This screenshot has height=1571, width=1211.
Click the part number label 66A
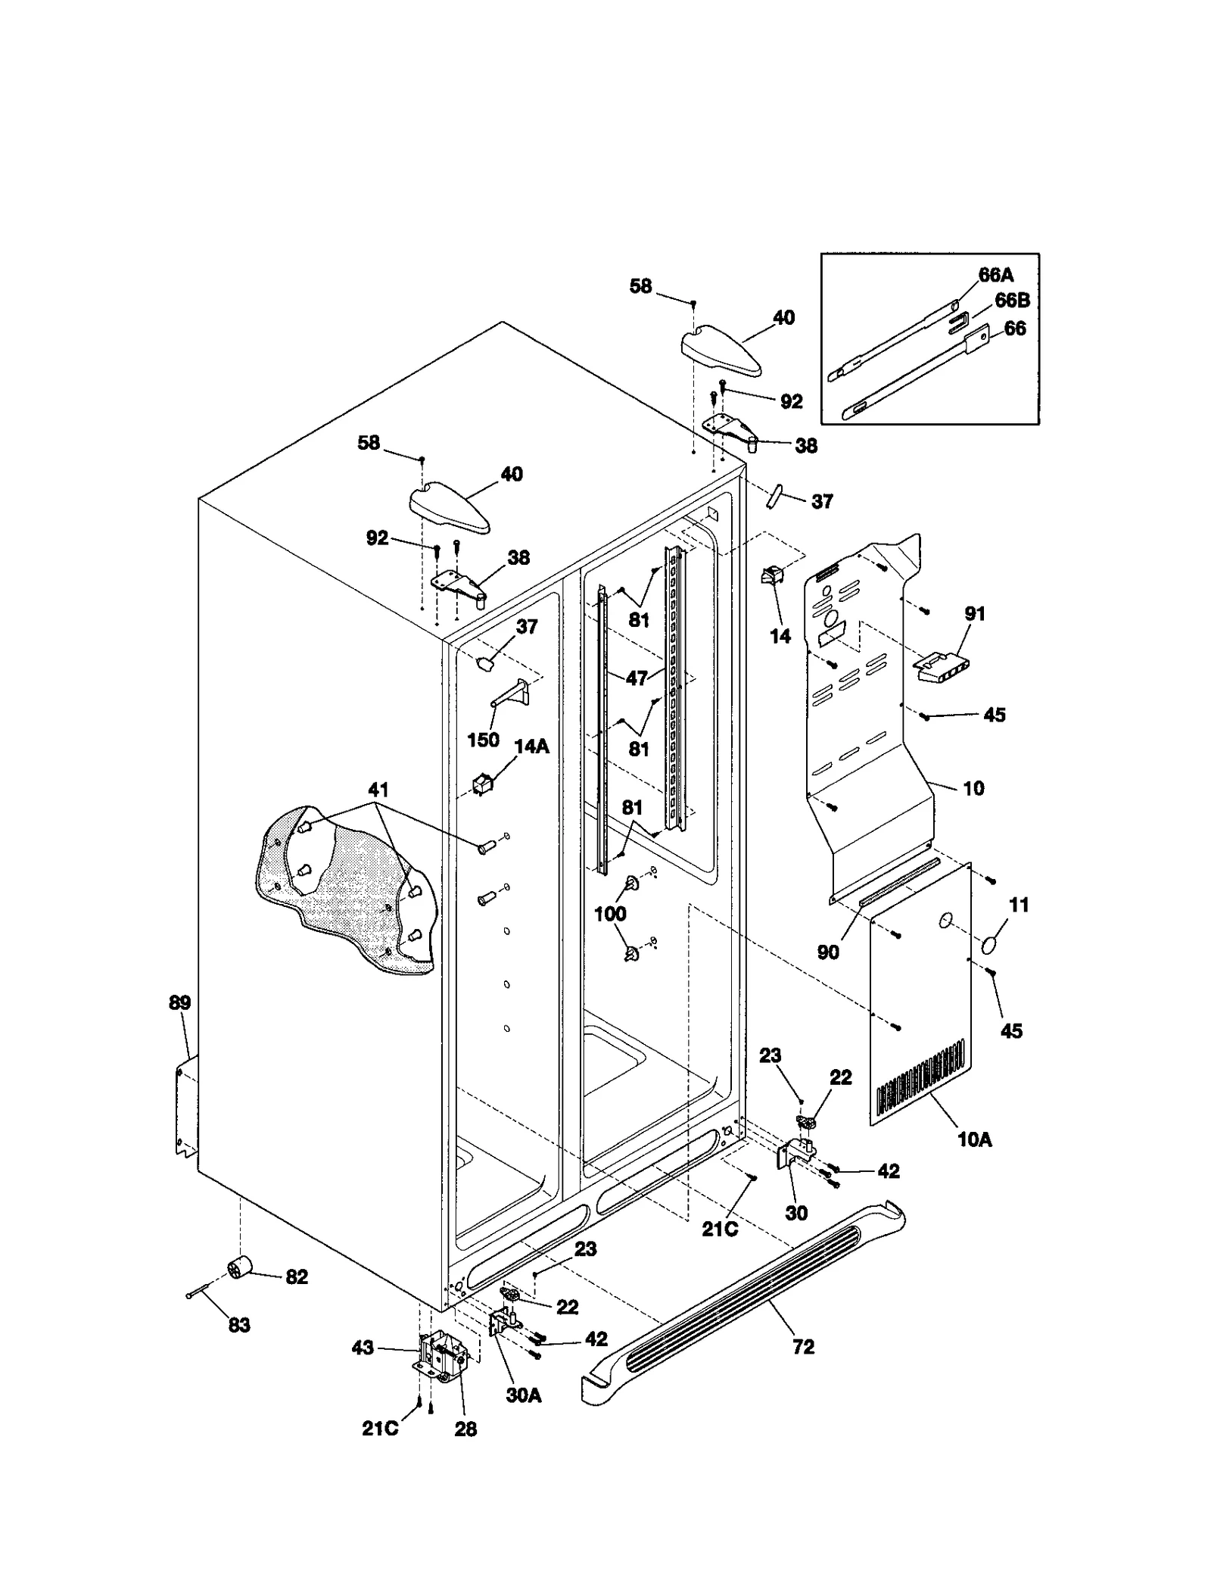click(995, 275)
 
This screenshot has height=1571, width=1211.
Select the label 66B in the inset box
click(1012, 301)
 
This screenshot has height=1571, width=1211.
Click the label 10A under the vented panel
click(974, 1159)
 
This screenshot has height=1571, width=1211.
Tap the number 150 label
click(483, 739)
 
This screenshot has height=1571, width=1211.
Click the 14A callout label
click(531, 747)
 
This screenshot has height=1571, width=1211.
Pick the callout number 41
click(378, 790)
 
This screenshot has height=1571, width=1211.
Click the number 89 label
click(179, 1003)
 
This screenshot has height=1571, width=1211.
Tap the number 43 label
click(363, 1348)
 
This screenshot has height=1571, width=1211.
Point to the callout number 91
click(975, 613)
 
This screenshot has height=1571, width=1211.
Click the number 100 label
click(609, 914)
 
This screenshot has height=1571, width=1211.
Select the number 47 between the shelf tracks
click(637, 678)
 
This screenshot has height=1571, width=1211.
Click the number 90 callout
click(828, 952)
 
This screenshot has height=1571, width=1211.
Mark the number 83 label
click(239, 1325)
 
